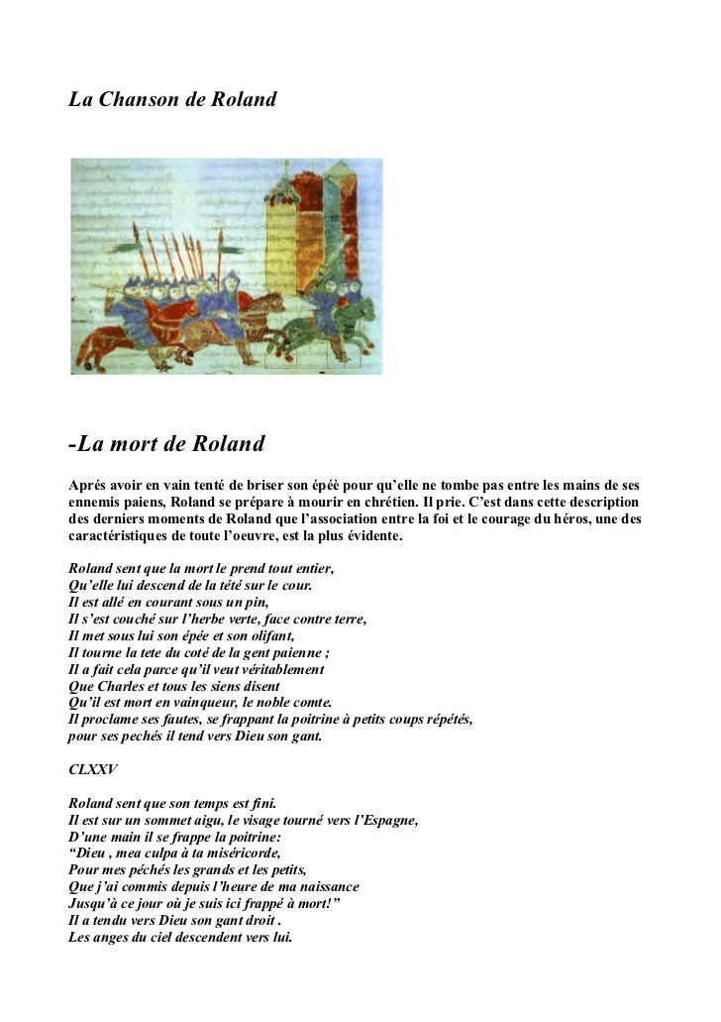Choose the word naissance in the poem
322,886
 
